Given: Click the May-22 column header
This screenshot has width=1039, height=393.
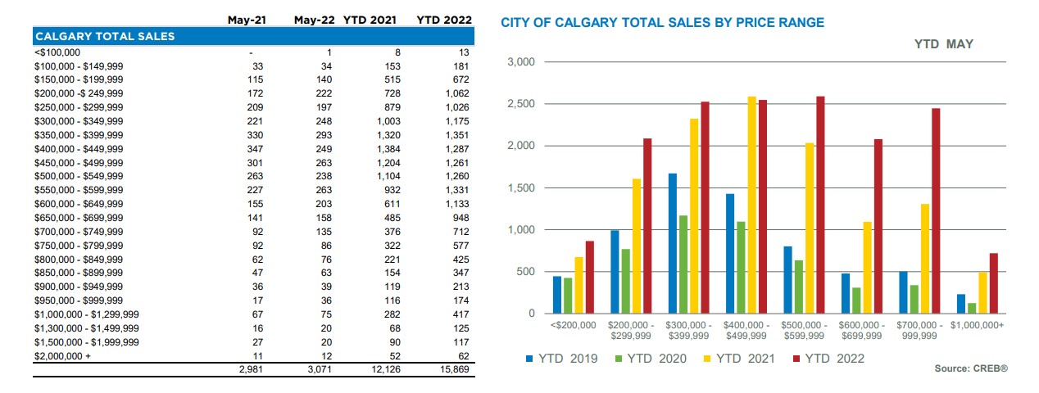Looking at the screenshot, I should point(314,20).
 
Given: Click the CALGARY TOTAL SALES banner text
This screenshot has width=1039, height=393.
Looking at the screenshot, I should point(104,36).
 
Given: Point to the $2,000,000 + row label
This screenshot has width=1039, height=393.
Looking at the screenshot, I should point(63,357).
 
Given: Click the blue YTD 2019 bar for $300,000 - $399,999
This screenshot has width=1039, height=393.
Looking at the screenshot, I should point(672,243).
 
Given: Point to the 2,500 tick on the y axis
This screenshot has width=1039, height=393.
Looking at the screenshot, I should point(521,104).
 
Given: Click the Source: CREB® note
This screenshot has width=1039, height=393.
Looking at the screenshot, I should point(970,369).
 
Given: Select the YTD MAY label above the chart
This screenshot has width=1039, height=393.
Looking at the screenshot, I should point(943,43).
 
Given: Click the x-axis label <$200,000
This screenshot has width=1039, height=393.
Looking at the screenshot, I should point(574,325).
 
